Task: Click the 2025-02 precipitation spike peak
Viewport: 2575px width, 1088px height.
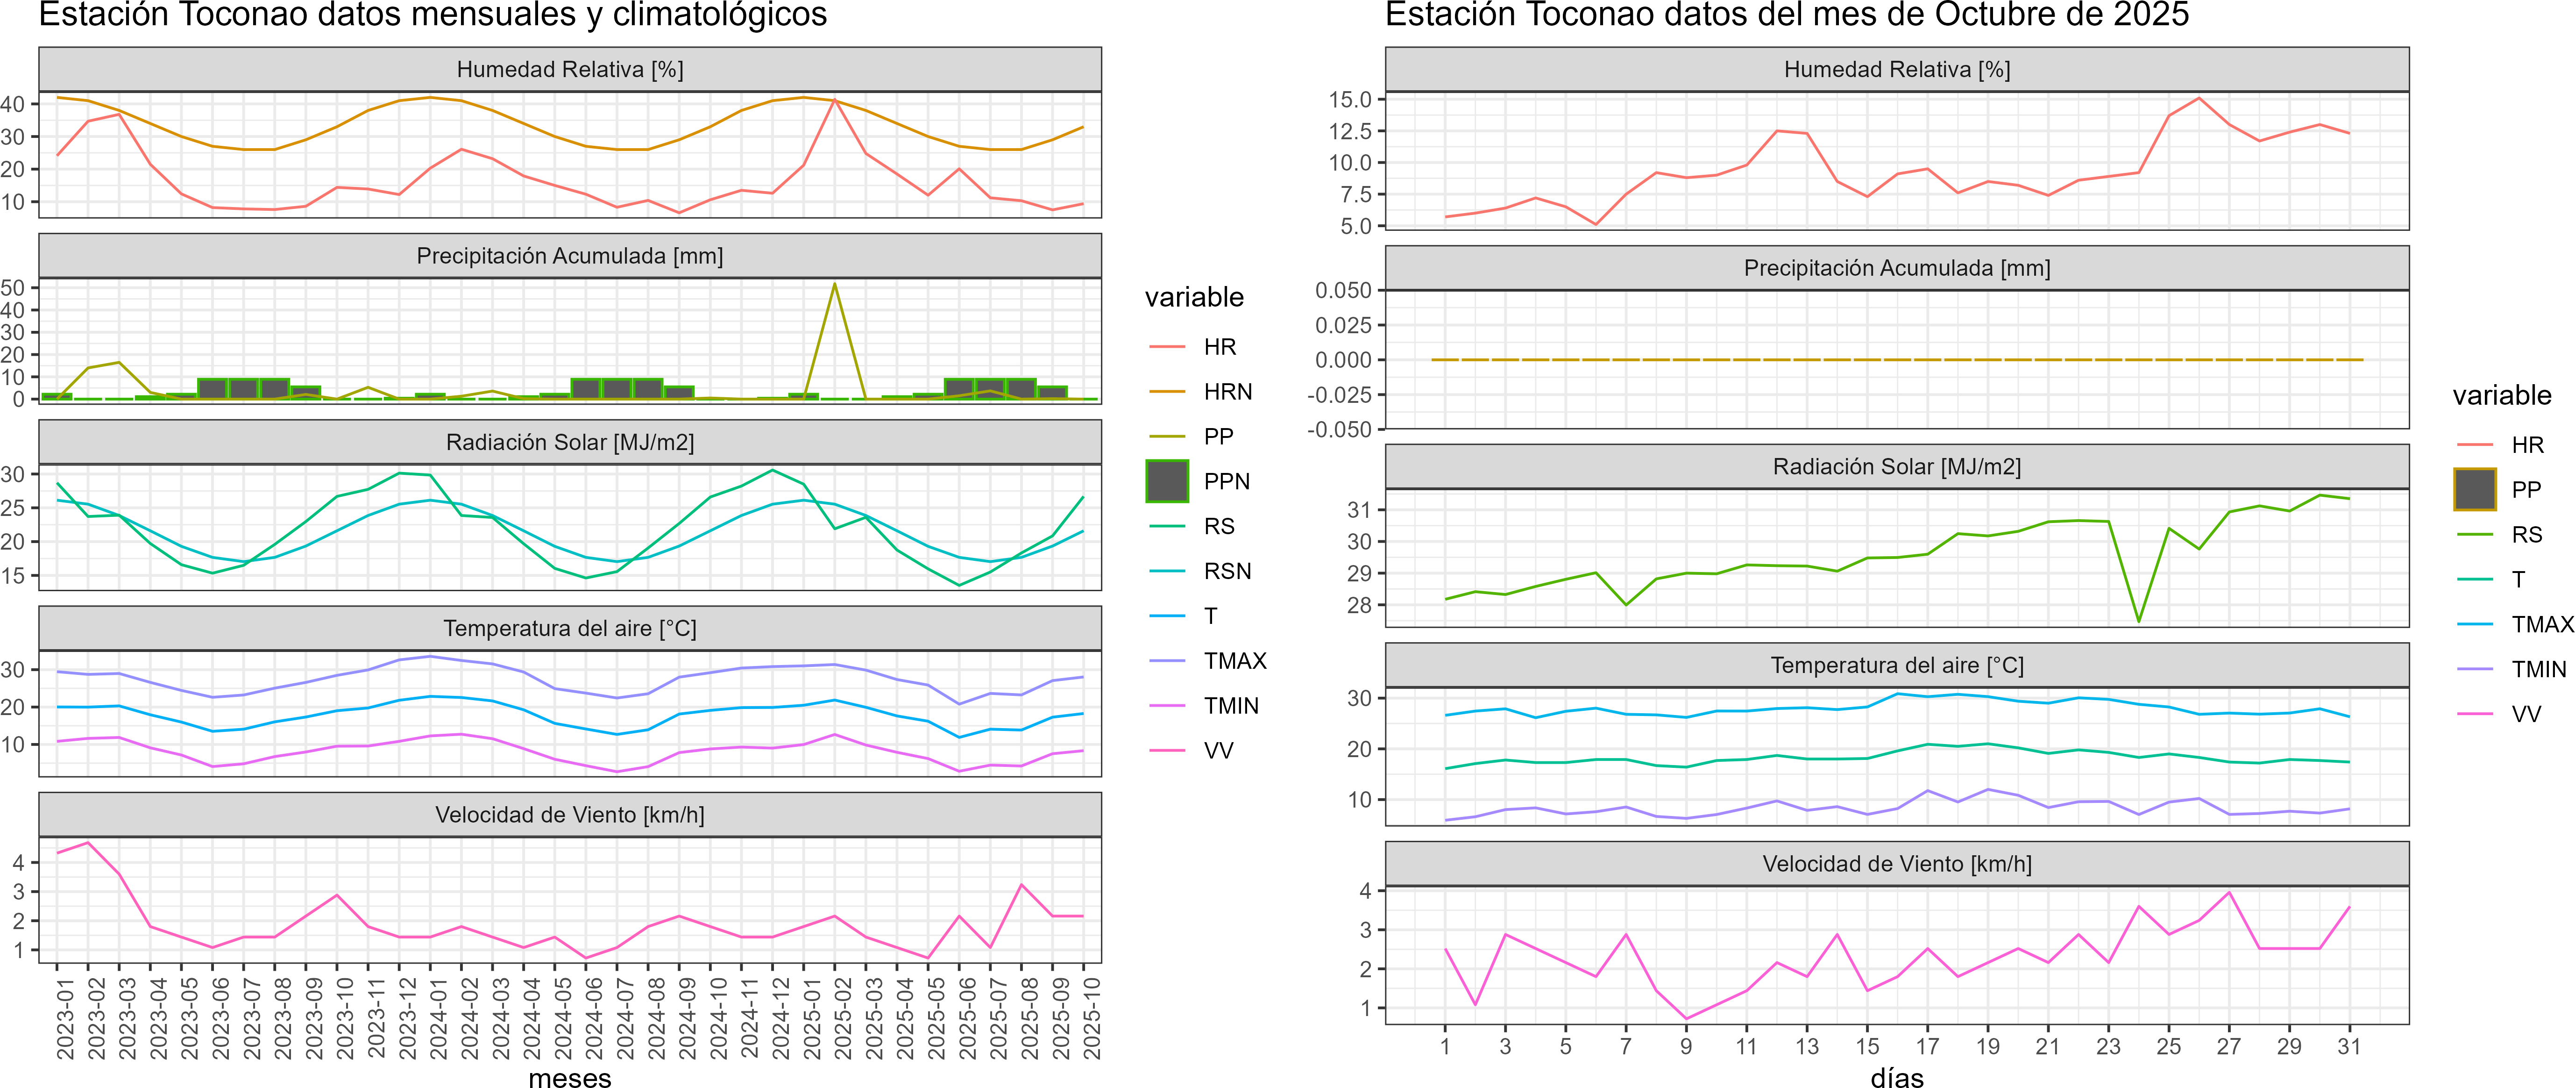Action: pos(835,284)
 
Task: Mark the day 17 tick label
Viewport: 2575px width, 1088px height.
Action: pos(1927,1046)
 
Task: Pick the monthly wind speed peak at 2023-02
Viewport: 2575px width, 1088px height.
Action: pos(88,842)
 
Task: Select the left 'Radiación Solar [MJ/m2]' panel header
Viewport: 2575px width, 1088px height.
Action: pos(570,442)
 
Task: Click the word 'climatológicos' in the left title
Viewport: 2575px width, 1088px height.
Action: pos(720,15)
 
